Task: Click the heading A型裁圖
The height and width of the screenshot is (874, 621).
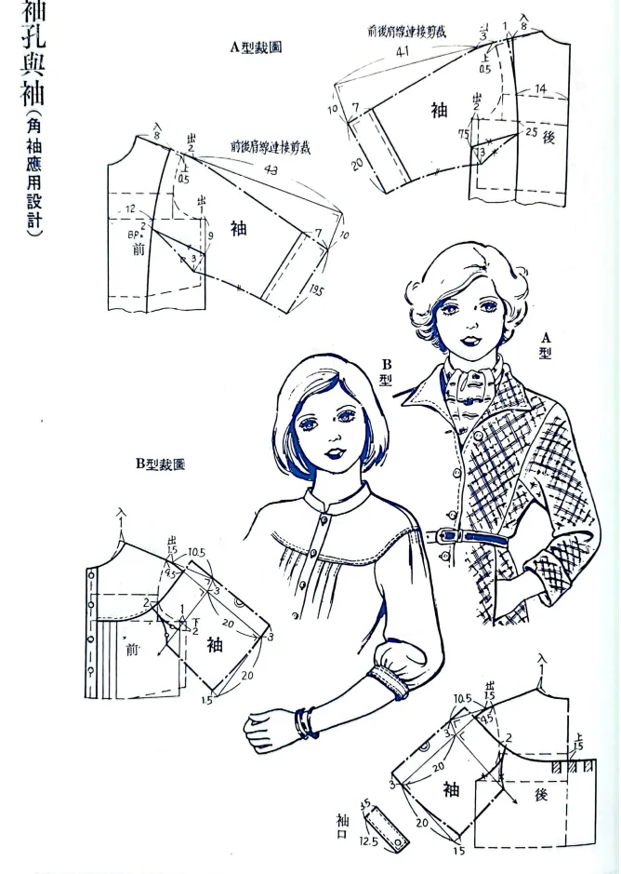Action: point(256,46)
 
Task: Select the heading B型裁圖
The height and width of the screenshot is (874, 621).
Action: point(159,463)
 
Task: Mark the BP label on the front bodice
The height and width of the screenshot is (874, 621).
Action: point(134,235)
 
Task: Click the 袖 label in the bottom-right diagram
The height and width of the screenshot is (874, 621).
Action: point(452,790)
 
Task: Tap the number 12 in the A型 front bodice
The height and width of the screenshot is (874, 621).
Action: point(131,208)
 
